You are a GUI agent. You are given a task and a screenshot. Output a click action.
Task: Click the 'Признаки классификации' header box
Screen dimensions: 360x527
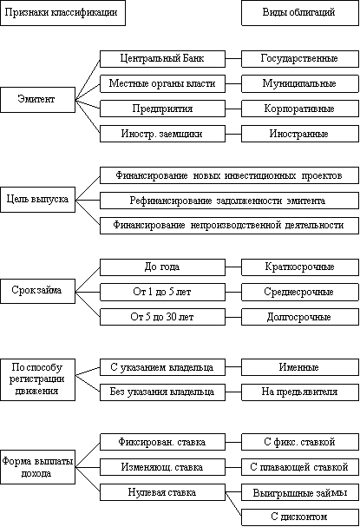pyautogui.click(x=62, y=13)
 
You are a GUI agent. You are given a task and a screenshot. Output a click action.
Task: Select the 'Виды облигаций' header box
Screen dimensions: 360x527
pyautogui.click(x=300, y=13)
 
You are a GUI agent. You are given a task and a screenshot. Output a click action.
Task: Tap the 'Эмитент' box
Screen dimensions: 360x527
pyautogui.click(x=37, y=100)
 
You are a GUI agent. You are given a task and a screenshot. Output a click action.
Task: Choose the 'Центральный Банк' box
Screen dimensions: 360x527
pyautogui.click(x=162, y=59)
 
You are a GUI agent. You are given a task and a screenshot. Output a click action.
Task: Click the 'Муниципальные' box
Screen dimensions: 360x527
pyautogui.click(x=300, y=83)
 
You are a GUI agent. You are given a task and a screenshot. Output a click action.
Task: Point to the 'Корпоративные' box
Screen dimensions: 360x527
pyautogui.click(x=300, y=109)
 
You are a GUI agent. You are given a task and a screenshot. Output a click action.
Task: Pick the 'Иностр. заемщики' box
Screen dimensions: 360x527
pyautogui.click(x=162, y=134)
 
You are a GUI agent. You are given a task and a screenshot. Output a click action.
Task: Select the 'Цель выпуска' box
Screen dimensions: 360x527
pyautogui.click(x=37, y=200)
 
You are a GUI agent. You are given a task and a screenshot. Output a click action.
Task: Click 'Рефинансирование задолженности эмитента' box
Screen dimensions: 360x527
pyautogui.click(x=229, y=201)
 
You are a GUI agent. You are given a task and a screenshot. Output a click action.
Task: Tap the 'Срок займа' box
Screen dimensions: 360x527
pyautogui.click(x=37, y=291)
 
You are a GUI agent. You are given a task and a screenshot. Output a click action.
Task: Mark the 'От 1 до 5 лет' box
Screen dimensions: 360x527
pyautogui.click(x=162, y=292)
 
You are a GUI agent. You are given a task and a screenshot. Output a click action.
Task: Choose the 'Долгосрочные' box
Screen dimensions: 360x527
pyautogui.click(x=300, y=317)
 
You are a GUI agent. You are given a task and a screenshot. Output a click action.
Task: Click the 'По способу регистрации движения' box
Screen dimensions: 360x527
pyautogui.click(x=37, y=379)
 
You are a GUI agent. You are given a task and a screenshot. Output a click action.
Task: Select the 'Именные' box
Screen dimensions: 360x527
pyautogui.click(x=300, y=367)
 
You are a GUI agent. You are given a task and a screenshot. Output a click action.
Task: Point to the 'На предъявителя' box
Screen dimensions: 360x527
pyautogui.click(x=300, y=392)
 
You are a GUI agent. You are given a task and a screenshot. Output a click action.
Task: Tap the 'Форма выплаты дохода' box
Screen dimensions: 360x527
pyautogui.click(x=37, y=467)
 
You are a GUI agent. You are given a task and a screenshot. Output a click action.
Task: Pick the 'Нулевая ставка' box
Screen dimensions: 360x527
pyautogui.click(x=162, y=492)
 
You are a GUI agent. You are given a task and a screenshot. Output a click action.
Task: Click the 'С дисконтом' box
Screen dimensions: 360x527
pyautogui.click(x=300, y=517)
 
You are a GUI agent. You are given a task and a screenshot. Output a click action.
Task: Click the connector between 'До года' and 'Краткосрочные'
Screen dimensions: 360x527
pyautogui.click(x=233, y=267)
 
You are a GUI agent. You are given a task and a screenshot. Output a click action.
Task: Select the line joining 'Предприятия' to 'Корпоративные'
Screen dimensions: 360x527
pyautogui.click(x=233, y=109)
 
